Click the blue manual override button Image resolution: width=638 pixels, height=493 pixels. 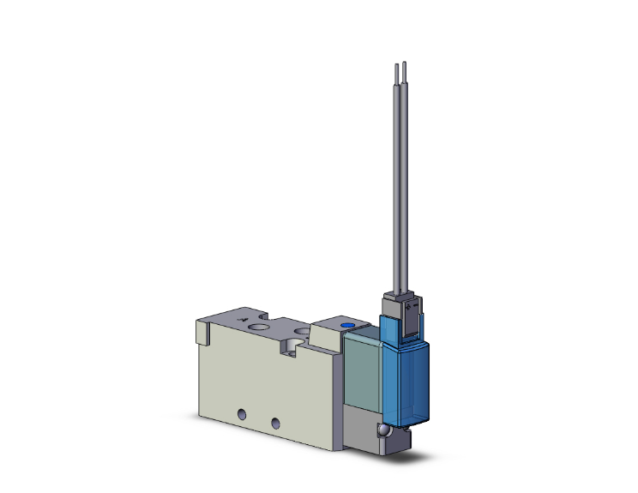pos(346,328)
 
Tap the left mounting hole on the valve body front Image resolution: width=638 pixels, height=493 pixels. pos(243,417)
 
